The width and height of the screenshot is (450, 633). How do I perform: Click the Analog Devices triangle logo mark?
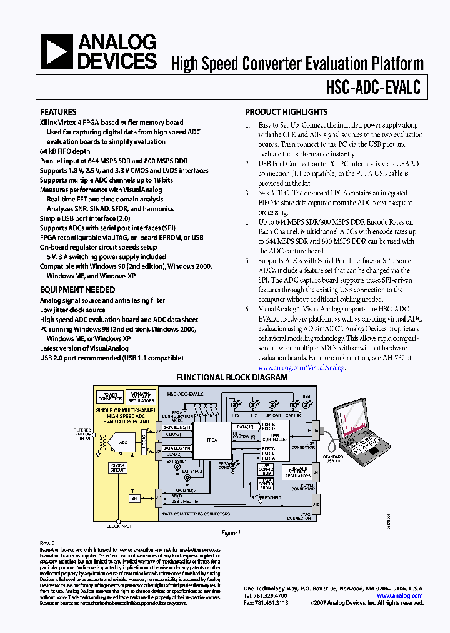pyautogui.click(x=57, y=52)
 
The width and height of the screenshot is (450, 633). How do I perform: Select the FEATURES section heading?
pyautogui.click(x=58, y=112)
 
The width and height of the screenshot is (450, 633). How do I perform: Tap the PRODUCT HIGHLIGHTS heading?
pyautogui.click(x=286, y=112)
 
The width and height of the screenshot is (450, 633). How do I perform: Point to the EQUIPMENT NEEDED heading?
pyautogui.click(x=77, y=290)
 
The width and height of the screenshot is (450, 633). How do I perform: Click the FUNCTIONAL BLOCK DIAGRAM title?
pyautogui.click(x=232, y=377)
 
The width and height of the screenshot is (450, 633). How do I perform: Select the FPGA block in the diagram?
pyautogui.click(x=212, y=440)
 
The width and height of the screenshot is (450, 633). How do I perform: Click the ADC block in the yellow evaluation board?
pyautogui.click(x=124, y=443)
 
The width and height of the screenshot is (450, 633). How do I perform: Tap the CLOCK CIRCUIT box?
pyautogui.click(x=117, y=468)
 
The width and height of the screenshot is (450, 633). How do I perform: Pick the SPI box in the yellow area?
pyautogui.click(x=133, y=498)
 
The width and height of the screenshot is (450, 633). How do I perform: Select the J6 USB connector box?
pyautogui.click(x=316, y=430)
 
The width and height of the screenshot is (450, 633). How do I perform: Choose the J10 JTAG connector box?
pyautogui.click(x=316, y=504)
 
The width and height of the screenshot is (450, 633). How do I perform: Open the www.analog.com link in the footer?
pyautogui.click(x=400, y=596)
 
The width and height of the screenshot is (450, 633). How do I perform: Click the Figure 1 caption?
pyautogui.click(x=231, y=533)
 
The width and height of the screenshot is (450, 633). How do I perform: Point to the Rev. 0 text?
pyautogui.click(x=48, y=543)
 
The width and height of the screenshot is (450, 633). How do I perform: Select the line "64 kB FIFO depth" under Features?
pyautogui.click(x=65, y=151)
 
